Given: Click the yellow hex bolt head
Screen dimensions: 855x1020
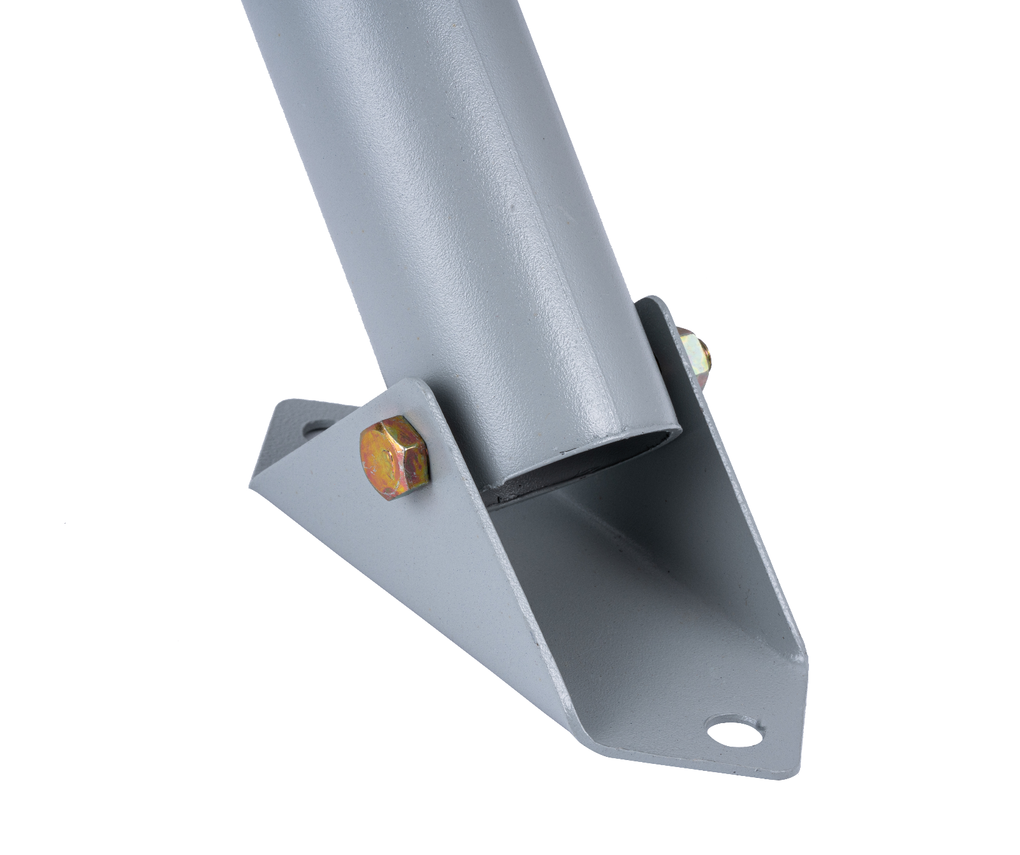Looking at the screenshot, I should (x=393, y=457).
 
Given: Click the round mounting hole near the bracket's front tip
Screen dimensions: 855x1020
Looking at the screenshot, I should (x=734, y=732).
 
